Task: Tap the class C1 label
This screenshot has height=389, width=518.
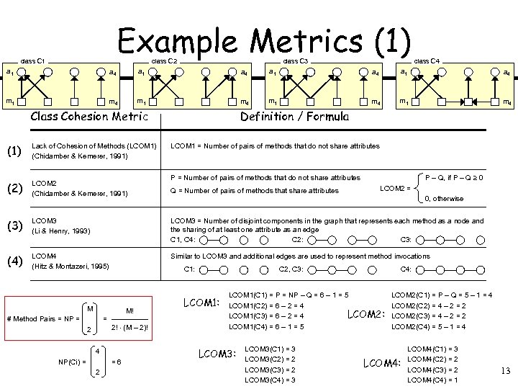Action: [33, 61]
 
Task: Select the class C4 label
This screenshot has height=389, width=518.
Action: [427, 61]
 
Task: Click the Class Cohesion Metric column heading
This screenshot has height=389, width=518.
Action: [88, 116]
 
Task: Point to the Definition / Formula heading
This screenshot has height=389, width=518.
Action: [294, 116]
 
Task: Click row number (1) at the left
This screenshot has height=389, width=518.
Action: [14, 151]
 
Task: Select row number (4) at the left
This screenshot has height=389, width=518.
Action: [14, 261]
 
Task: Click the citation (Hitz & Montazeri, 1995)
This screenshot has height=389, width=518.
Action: [71, 266]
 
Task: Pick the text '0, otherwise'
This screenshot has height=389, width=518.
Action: [444, 199]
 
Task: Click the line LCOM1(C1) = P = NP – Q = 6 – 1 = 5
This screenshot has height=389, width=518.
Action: [288, 295]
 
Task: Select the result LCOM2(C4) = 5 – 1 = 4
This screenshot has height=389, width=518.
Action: [429, 326]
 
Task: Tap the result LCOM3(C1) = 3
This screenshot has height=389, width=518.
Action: [271, 349]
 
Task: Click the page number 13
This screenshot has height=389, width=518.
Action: [504, 371]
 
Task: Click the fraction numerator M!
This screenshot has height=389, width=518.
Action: [129, 311]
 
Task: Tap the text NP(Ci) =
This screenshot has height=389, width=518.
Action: [72, 361]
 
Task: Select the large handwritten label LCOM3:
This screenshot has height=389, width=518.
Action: [217, 354]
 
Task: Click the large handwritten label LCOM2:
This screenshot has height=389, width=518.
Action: [367, 314]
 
